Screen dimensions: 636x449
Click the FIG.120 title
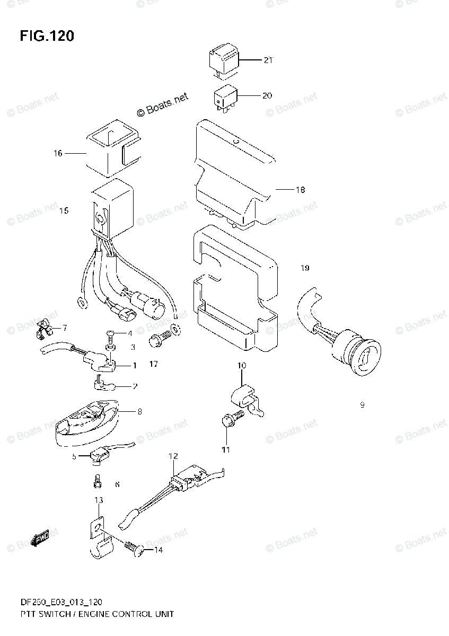(47, 36)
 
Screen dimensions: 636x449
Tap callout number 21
(268, 60)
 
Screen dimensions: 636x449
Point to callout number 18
(300, 190)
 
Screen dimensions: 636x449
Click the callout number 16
(58, 153)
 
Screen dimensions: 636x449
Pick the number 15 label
(64, 211)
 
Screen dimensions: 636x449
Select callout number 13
(99, 500)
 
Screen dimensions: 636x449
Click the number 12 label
(173, 456)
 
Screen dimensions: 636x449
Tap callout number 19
(304, 268)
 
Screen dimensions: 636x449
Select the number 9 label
(362, 405)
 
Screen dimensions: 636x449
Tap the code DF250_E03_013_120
(54, 602)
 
